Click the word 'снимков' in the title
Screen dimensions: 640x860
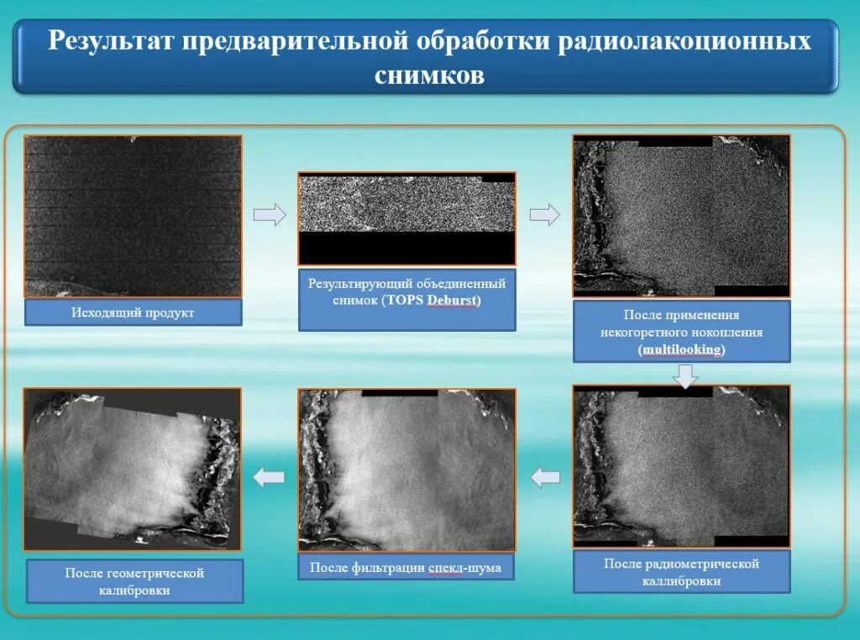(x=429, y=75)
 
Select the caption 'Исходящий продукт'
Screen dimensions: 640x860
(x=133, y=313)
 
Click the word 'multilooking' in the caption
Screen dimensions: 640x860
(x=681, y=349)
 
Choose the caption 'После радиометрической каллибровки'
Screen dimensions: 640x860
(x=681, y=572)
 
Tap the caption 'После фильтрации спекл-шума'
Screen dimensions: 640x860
(x=406, y=568)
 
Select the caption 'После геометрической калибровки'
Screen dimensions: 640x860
(x=134, y=581)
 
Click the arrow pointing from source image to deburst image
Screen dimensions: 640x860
(x=270, y=215)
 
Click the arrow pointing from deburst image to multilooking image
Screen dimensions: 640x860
(x=545, y=215)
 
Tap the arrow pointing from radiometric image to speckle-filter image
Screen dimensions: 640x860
(x=545, y=477)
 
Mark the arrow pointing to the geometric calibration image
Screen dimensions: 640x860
(x=270, y=477)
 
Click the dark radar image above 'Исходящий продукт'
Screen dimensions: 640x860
(x=133, y=216)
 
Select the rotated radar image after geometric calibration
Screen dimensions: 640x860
(x=132, y=468)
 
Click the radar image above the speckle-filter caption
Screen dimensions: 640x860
(x=406, y=470)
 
